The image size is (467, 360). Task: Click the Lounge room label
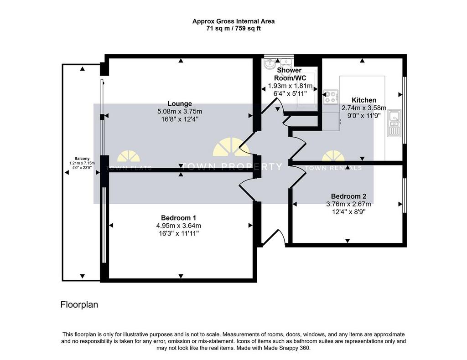click(179, 103)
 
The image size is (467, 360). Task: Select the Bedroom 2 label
click(348, 196)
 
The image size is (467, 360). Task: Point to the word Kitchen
click(363, 100)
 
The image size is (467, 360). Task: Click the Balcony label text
click(76, 159)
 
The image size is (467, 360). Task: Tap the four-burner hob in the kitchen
click(330, 96)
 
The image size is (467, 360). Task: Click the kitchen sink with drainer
click(394, 123)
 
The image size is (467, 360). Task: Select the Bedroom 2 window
click(404, 195)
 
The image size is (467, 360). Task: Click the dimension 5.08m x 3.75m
click(179, 111)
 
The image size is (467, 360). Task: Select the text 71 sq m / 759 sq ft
click(233, 28)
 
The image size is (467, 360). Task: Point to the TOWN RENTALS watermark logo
click(333, 162)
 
